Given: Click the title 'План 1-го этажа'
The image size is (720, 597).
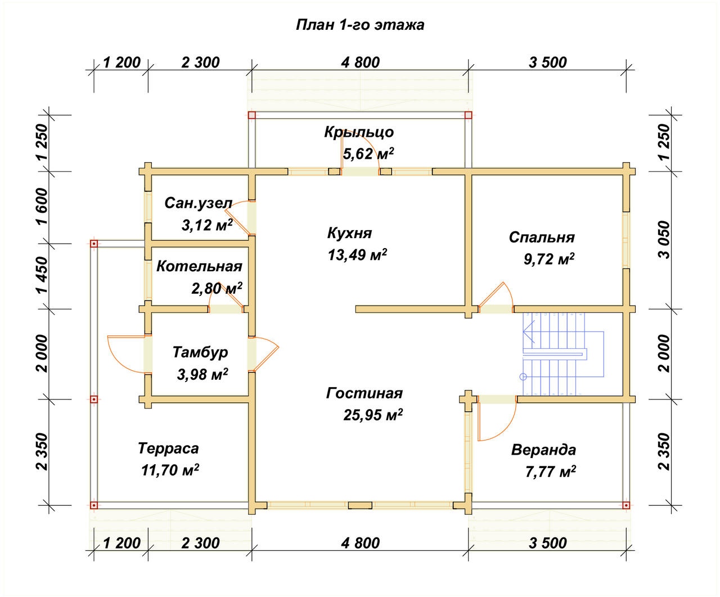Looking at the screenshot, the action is coord(360,25).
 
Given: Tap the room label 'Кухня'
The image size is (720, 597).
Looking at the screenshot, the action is coord(349,233).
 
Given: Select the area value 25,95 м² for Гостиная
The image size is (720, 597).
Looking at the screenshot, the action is coord(373,415).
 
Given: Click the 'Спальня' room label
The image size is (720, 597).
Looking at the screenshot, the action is coord(542,237).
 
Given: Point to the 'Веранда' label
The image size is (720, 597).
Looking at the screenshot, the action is coord(543,450).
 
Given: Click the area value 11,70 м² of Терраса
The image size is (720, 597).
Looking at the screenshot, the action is coord(170,470).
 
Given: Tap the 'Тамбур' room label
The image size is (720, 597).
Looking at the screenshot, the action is coord(200,352).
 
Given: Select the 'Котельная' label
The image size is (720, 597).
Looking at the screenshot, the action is coord(199,266).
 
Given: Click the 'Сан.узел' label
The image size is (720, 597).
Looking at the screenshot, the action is coord(198,203).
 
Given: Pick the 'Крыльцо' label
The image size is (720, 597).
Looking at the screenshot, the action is coord(359,132).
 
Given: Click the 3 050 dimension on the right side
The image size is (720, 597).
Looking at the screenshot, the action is coord(664,240).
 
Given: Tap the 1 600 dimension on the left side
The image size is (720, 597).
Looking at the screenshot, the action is coord(43,207).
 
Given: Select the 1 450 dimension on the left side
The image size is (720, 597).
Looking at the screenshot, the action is coord(43,275).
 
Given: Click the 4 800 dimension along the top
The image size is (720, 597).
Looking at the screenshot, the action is coord(361,62).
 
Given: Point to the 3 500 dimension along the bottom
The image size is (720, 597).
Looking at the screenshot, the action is coord(547,543).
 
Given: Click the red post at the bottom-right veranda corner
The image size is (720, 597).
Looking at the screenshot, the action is coord(626,506).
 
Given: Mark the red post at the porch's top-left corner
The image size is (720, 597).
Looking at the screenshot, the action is coord(252,115).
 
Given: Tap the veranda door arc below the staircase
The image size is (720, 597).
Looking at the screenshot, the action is coord(507,429).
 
